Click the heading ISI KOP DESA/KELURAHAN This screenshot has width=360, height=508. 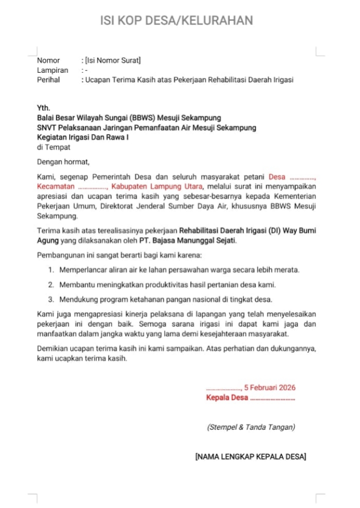[x=176, y=21]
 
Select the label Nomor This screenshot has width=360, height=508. [x=48, y=61]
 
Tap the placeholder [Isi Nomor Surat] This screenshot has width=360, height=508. [x=113, y=61]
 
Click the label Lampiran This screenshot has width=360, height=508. [x=53, y=70]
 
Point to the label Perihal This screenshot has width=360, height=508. [x=49, y=80]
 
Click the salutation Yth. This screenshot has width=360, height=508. [x=44, y=108]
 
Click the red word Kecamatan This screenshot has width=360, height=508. [x=56, y=187]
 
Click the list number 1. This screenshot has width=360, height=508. [x=51, y=270]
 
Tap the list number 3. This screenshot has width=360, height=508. [x=51, y=300]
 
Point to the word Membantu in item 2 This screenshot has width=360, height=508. [x=76, y=285]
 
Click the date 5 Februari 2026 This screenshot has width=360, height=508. [x=270, y=388]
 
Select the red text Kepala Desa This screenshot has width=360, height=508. [x=227, y=398]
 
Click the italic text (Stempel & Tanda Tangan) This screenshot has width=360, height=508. [x=251, y=427]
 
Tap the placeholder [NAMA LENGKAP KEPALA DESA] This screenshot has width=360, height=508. [x=250, y=456]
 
